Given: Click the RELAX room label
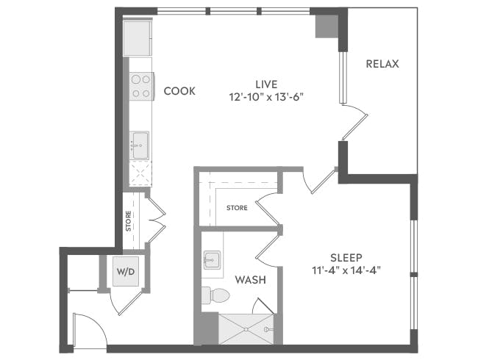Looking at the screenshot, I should (x=382, y=64).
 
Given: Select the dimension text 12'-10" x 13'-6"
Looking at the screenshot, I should (x=266, y=96).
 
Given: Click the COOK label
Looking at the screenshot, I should (x=179, y=91).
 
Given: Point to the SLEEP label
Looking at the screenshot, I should (x=345, y=257).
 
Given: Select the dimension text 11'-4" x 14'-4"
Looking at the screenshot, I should (x=346, y=270).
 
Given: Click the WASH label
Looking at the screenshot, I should (x=250, y=280).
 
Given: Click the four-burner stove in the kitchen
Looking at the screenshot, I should (x=140, y=86).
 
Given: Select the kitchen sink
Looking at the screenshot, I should (x=140, y=144).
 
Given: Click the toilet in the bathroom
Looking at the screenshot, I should (x=215, y=295).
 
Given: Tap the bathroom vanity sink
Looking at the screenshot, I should (x=213, y=259).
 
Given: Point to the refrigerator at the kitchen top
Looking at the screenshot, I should (x=138, y=38).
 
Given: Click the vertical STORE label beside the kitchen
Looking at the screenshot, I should (x=128, y=221).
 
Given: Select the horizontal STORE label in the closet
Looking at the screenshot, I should (x=237, y=208).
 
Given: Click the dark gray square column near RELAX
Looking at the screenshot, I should (x=324, y=26).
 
